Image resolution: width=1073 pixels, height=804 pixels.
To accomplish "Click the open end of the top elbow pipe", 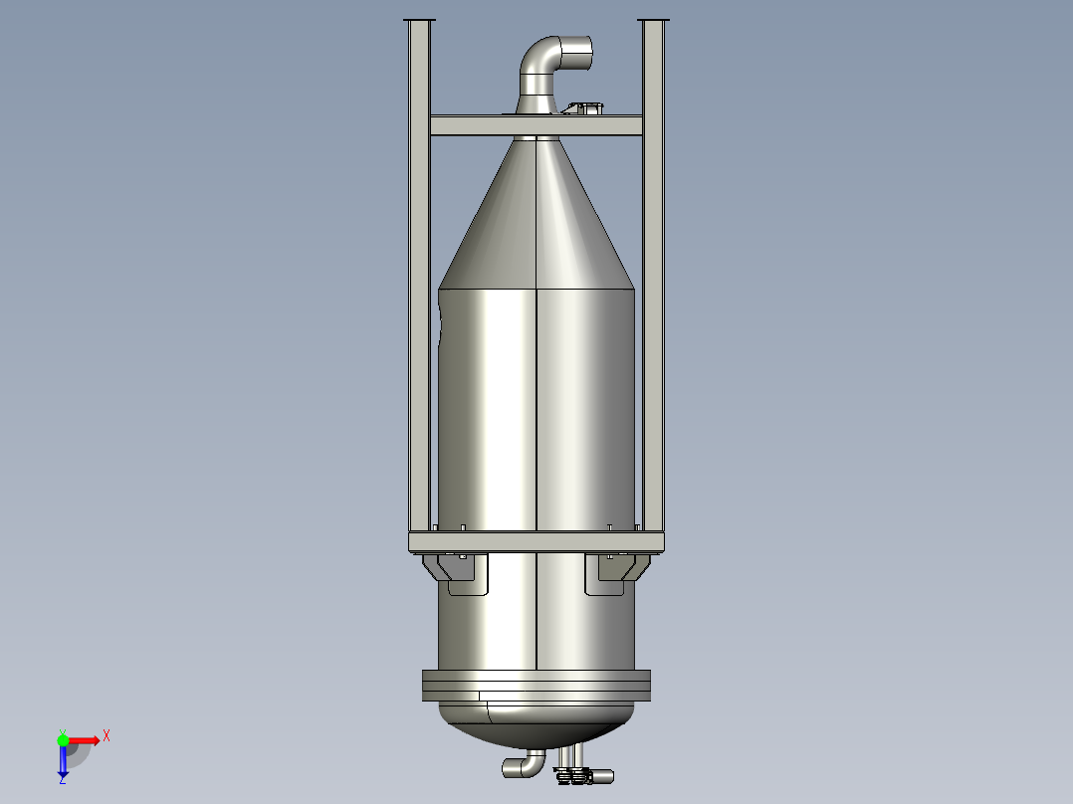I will [576, 53].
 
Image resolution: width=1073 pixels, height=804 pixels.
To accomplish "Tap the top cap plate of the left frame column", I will [419, 20].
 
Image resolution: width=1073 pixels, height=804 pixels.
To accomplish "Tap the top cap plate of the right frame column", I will [653, 20].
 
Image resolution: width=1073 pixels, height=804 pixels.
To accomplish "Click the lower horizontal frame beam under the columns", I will [536, 541].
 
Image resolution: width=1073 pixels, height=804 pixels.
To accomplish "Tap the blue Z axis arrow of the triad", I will [63, 761].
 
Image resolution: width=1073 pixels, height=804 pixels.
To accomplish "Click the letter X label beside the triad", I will [107, 735].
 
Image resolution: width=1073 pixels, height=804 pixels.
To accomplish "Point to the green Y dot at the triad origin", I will [63, 739].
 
